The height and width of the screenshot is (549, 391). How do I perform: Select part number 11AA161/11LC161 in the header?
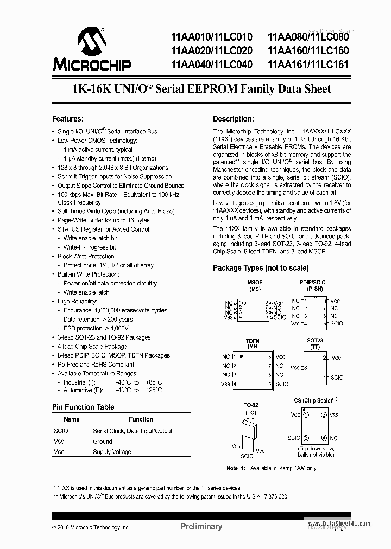[308, 64]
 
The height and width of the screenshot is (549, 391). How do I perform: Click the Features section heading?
[67, 119]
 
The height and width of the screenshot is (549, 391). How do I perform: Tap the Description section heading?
[233, 119]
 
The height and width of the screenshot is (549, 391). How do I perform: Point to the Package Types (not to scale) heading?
[261, 268]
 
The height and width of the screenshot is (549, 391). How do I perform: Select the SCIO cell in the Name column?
[61, 431]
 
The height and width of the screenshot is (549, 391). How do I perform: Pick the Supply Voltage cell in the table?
[113, 451]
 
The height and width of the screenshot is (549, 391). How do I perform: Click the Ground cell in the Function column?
[103, 441]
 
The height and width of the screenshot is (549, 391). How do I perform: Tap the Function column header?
[141, 419]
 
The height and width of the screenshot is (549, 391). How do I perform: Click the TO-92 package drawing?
[250, 431]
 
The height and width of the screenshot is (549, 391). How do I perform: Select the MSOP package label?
[255, 282]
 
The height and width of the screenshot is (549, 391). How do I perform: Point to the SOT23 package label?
[314, 340]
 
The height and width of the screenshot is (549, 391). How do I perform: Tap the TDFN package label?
[253, 340]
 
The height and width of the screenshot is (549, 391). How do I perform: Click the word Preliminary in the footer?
[201, 526]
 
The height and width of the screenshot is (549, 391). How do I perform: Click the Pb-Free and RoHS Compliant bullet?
[96, 365]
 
